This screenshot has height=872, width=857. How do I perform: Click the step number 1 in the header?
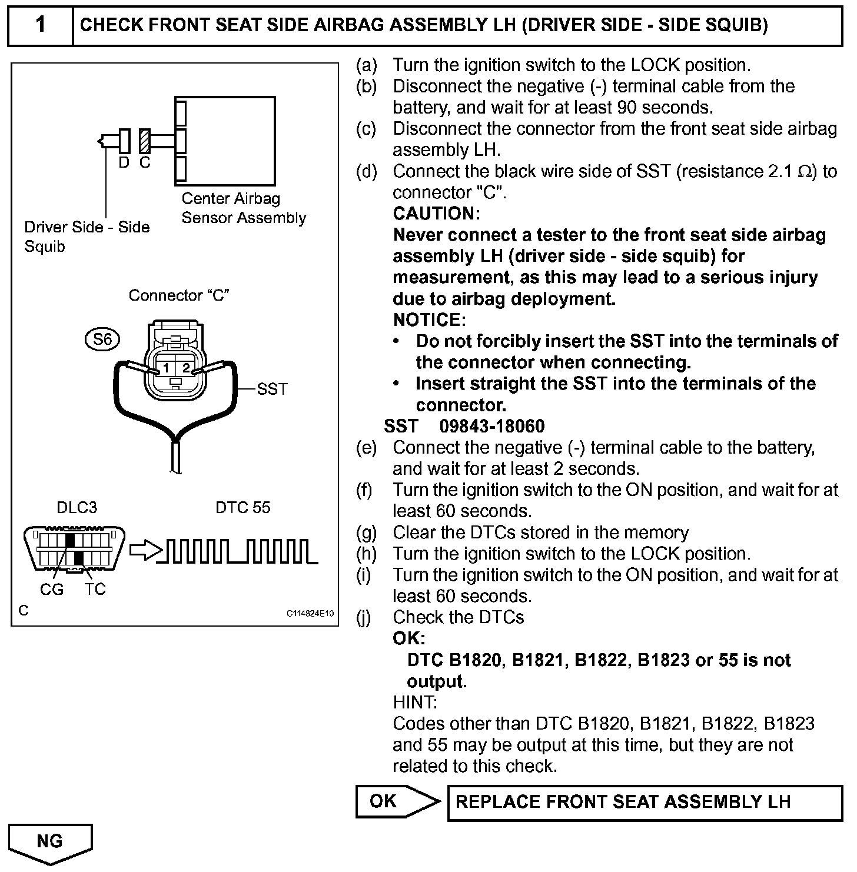pos(40,25)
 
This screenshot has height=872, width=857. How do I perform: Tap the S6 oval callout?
pos(102,339)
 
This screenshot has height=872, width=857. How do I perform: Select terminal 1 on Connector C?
pos(166,368)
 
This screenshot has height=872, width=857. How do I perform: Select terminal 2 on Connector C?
pos(185,368)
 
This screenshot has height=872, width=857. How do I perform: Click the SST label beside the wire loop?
pos(272,389)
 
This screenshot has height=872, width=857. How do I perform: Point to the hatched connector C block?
pos(145,141)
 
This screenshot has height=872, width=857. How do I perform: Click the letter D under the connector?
pos(124,162)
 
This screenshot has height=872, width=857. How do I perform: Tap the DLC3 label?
pos(77,507)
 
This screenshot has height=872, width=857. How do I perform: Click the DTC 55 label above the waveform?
pos(243,507)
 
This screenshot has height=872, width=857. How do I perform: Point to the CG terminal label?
pos(52,589)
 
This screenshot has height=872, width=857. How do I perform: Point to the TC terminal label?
pos(95,589)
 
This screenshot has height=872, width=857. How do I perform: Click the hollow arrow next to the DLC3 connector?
pos(145,550)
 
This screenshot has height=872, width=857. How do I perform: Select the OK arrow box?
pos(396,801)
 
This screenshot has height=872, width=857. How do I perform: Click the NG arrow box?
pos(50,842)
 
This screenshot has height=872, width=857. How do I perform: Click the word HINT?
pos(414,702)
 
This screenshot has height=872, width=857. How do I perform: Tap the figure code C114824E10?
pos(310,613)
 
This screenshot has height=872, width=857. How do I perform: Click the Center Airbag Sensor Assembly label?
pos(243,208)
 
